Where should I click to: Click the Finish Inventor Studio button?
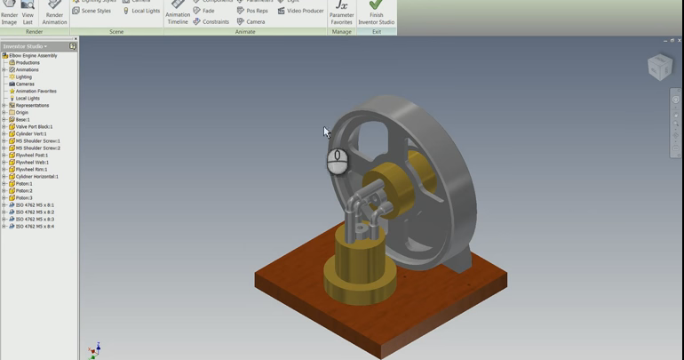(376, 12)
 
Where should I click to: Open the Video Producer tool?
(300, 11)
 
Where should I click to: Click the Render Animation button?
(54, 12)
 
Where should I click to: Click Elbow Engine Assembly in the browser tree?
(33, 56)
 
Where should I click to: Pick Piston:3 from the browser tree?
(24, 198)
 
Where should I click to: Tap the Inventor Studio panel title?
(25, 46)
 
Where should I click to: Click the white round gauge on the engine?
(337, 161)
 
